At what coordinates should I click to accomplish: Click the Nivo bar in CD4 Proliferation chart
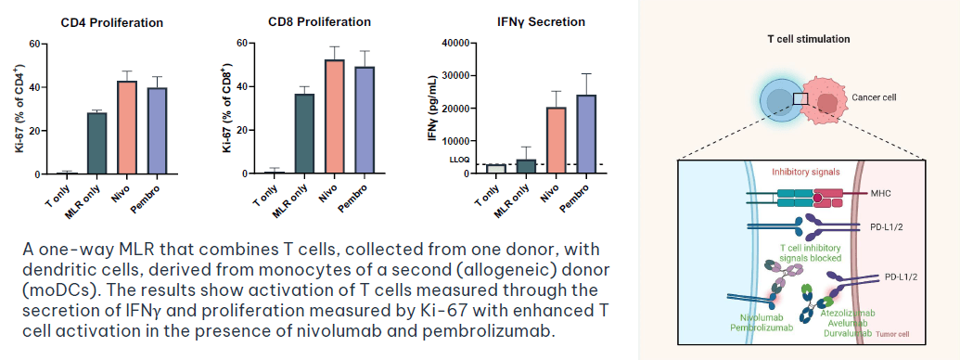[x=127, y=127]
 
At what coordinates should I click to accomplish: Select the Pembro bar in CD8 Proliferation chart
[x=365, y=120]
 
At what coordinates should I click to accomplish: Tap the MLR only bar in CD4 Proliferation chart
[x=97, y=143]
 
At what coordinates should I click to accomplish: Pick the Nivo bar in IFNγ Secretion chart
[x=557, y=140]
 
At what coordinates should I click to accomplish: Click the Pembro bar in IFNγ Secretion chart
[x=586, y=135]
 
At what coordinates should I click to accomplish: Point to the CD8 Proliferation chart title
[x=320, y=22]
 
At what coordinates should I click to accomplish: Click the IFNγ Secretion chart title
[x=542, y=22]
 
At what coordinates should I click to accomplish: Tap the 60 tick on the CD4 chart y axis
[x=34, y=45]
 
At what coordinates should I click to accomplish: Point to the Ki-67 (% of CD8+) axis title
[x=226, y=109]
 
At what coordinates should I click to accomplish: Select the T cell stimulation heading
[x=809, y=39]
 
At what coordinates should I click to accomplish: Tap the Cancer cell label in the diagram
[x=874, y=97]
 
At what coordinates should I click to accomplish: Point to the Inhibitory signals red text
[x=805, y=172]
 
